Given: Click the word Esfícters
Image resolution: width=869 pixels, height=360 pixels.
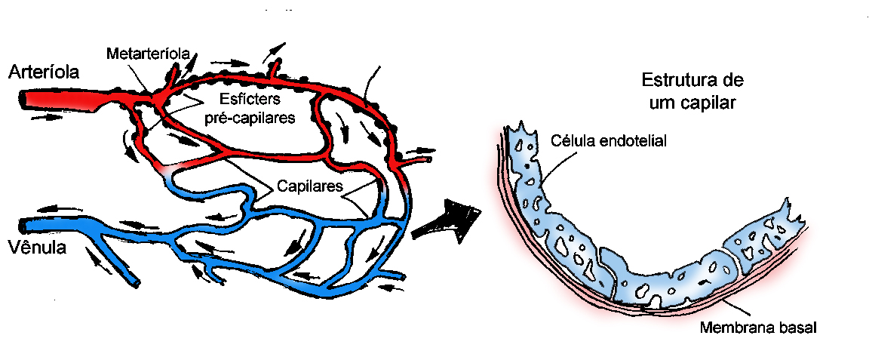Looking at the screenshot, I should (249, 99).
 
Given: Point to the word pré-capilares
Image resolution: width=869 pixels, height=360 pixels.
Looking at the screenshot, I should (250, 118).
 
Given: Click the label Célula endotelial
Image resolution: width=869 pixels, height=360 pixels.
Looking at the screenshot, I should (609, 140).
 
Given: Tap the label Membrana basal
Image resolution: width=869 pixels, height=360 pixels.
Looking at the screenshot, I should (758, 328).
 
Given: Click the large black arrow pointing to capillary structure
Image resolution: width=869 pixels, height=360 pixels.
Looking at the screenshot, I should (447, 220).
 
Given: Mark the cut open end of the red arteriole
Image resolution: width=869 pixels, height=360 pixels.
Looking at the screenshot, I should (23, 97).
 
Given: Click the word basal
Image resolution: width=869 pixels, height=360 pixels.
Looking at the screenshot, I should (799, 328).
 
